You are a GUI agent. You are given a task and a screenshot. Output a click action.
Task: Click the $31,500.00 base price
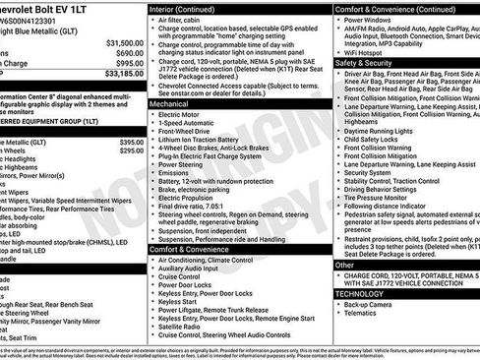(123, 43)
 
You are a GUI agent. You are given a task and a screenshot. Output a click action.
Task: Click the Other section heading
(345, 265)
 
